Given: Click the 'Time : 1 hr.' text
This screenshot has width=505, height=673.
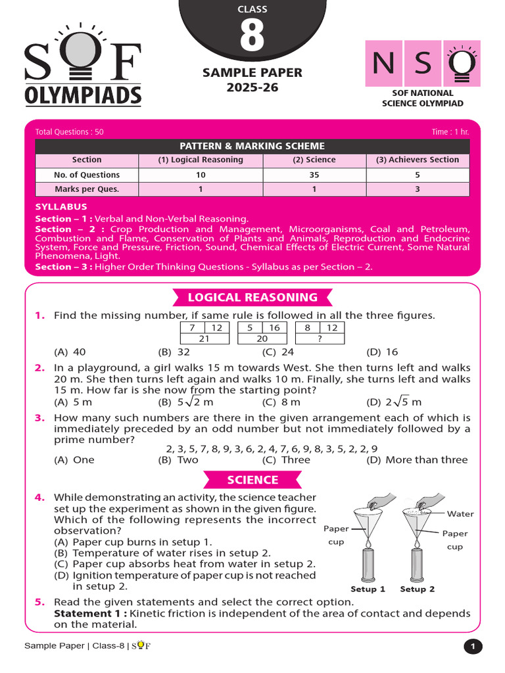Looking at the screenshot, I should click(450, 132).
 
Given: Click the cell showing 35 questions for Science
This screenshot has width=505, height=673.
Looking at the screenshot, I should click(314, 175).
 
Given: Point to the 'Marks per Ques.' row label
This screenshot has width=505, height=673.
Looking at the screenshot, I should click(87, 189).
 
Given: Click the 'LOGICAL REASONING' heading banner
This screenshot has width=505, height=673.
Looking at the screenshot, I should click(252, 298).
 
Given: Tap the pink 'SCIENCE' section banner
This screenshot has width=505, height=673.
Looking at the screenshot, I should click(252, 480).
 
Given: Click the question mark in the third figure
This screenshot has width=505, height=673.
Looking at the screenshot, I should click(320, 338).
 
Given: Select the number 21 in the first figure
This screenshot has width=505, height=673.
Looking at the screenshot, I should click(204, 338).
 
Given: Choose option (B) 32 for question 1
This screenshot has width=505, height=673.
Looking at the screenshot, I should click(174, 352).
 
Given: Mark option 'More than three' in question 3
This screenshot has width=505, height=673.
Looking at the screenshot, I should click(426, 460).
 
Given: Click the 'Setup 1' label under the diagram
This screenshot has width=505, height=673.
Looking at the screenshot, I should click(368, 590).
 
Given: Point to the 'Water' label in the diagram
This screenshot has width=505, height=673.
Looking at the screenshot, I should click(460, 514).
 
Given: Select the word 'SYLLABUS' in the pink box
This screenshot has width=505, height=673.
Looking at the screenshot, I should click(61, 207).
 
